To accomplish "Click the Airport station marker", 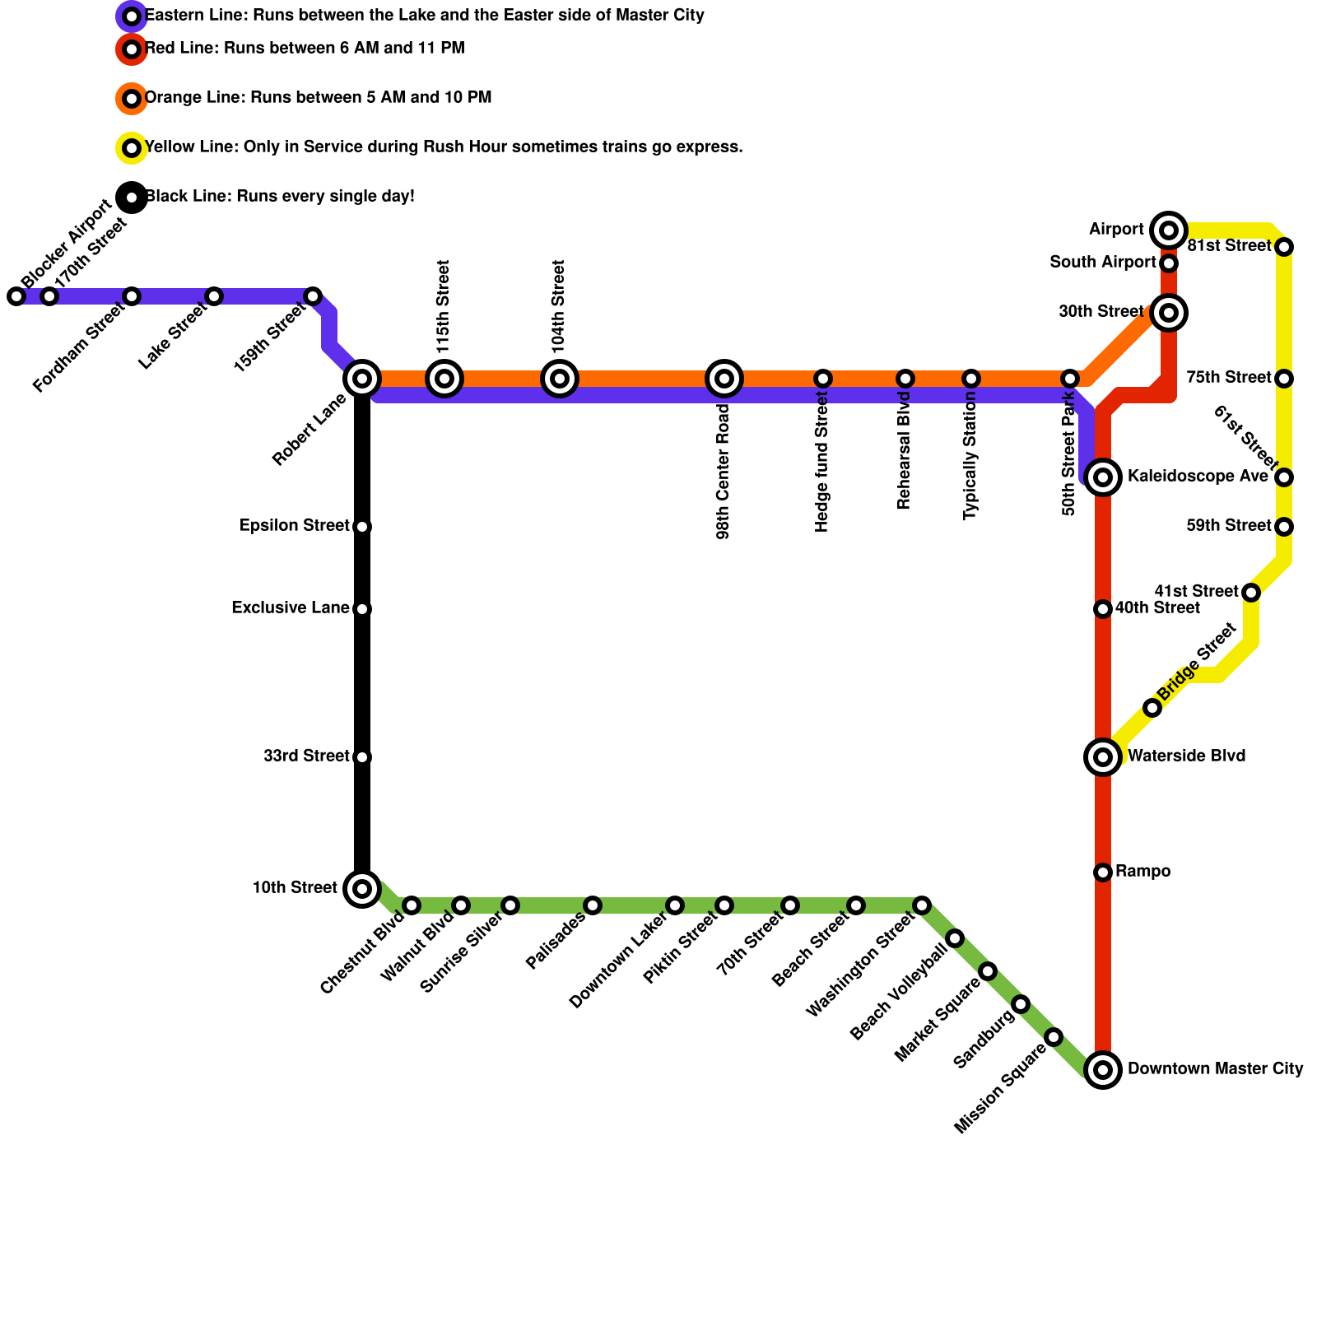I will point(1168,230).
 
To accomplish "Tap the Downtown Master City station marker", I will point(1103,1069).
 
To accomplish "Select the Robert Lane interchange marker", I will point(362,379).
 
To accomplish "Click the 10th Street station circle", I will point(362,888).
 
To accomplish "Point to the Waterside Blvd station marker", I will point(1103,756).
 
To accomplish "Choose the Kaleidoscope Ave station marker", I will point(1103,477).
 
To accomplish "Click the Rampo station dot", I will point(1103,872).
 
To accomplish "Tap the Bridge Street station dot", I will point(1152,708).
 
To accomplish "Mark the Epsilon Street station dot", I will point(362,527).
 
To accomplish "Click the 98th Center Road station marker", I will point(724,379).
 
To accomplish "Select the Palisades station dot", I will point(593,905).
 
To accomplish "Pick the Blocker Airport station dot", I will point(16,296).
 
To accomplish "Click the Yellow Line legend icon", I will point(132,148).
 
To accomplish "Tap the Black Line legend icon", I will point(132,198).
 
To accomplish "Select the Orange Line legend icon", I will point(132,99).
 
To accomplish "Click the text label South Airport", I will point(1103,263).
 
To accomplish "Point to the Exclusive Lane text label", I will point(291,608).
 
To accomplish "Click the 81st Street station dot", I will point(1284,247).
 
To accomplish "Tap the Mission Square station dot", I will point(1054,1037).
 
